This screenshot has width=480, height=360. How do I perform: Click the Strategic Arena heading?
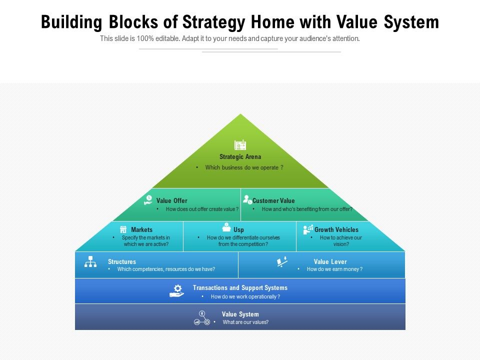(x=240, y=157)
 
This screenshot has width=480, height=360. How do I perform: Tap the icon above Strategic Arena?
(x=240, y=145)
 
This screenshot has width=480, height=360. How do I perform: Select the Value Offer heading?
(x=171, y=201)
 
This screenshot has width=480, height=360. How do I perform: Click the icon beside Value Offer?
(x=148, y=200)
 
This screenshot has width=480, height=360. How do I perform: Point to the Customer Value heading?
(x=273, y=201)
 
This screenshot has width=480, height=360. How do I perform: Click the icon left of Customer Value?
(x=247, y=199)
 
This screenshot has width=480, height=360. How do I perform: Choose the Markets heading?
(x=141, y=230)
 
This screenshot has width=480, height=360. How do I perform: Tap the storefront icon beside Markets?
(x=123, y=229)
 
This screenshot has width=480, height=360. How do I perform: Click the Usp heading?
(x=239, y=230)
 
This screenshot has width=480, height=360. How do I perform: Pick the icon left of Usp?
(x=226, y=227)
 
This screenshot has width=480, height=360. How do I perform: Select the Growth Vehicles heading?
(x=336, y=230)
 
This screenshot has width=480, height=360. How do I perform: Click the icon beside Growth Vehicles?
(x=308, y=229)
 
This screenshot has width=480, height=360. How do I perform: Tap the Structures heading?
(x=122, y=262)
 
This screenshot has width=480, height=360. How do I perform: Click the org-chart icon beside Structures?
(x=90, y=261)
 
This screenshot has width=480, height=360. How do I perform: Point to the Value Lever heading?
(x=330, y=262)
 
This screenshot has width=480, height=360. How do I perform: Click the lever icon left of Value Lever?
(x=282, y=261)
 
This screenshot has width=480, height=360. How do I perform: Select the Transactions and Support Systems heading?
(x=240, y=288)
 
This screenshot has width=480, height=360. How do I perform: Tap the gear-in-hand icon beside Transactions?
(x=177, y=290)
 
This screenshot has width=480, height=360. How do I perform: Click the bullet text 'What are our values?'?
(x=245, y=322)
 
